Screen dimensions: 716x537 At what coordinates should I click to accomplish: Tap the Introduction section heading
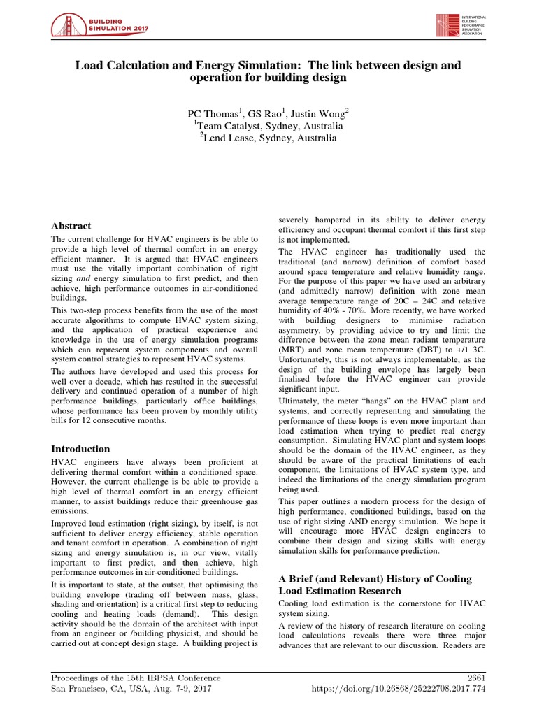pyautogui.click(x=81, y=449)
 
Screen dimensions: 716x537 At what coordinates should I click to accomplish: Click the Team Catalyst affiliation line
pyautogui.click(x=268, y=126)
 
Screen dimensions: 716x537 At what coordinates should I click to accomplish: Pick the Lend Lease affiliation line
pyautogui.click(x=268, y=138)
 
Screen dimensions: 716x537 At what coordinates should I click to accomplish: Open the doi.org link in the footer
pyautogui.click(x=397, y=689)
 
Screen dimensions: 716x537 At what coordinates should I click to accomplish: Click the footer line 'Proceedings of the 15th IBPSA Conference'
pyautogui.click(x=136, y=678)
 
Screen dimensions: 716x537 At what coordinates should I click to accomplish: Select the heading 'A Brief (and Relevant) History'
pyautogui.click(x=375, y=579)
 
